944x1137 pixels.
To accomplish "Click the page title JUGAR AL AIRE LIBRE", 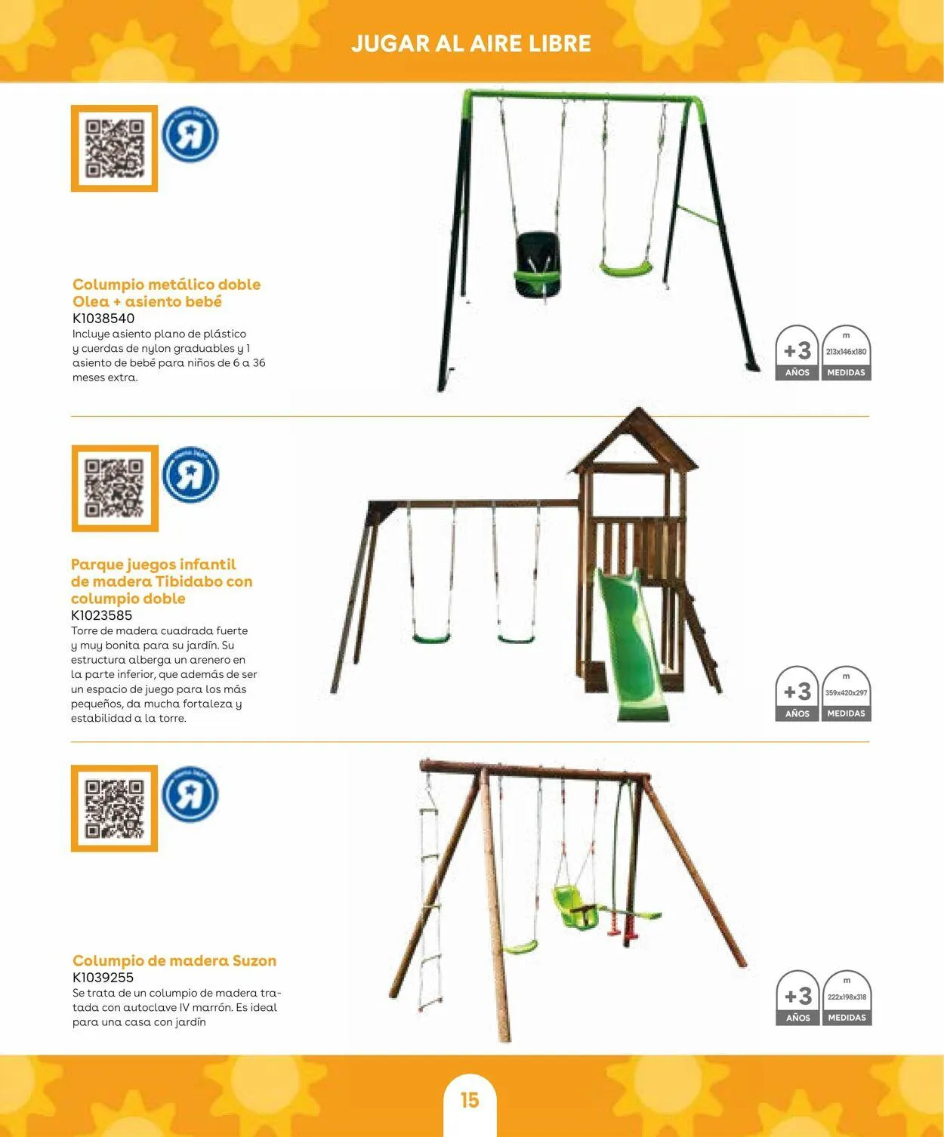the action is pos(471,44).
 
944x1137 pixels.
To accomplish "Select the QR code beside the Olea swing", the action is pos(114,148).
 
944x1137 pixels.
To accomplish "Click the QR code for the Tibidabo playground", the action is pos(114,488).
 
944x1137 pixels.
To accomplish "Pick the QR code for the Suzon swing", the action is pos(114,808).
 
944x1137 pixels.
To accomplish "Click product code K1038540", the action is pos(103,319).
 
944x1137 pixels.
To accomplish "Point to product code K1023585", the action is pos(102,615).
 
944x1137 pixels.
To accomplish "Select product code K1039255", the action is pos(103,978).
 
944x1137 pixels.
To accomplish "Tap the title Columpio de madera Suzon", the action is pos(174,960).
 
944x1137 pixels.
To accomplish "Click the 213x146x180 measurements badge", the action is pos(846,353).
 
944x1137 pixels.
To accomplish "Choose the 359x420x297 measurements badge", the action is pos(846,694).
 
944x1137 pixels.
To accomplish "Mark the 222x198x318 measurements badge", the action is pos(847,997).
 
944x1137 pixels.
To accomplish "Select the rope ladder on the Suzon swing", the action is pos(429,901).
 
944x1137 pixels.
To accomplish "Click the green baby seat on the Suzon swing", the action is pos(575,907).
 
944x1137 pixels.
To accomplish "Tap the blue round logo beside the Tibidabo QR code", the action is pos(190,474).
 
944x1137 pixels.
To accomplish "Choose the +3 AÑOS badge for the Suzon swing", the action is pos(797,997).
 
